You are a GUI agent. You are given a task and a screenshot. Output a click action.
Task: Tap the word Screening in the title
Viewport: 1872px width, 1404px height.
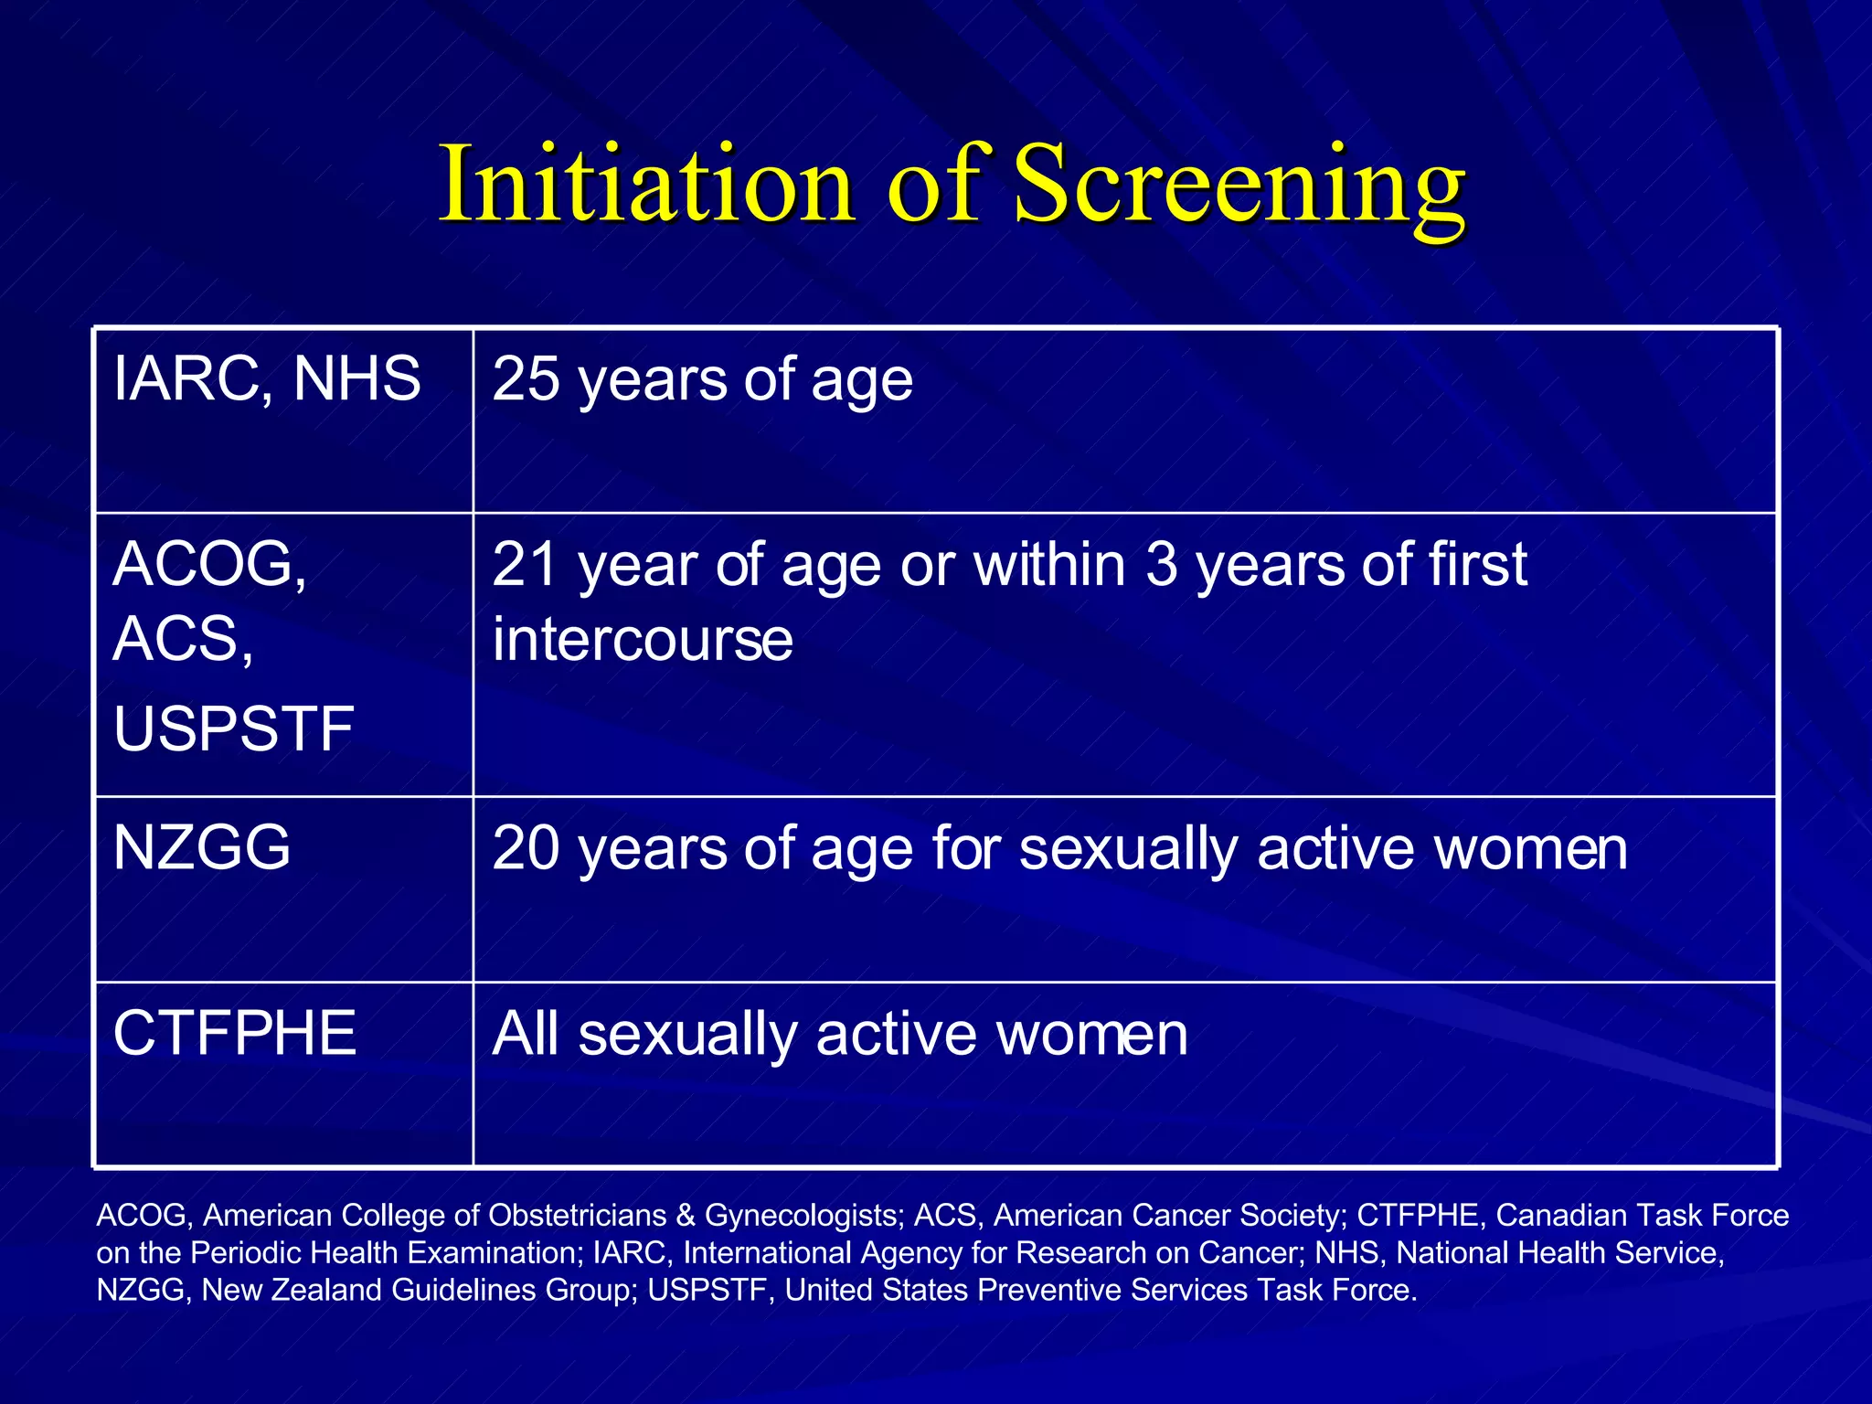point(1239,186)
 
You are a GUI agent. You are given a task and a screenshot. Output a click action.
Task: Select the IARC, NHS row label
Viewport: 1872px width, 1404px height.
point(267,379)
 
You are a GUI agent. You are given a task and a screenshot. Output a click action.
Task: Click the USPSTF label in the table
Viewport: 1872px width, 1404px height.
point(233,729)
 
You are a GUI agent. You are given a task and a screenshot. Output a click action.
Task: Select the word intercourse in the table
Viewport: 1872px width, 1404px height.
point(643,640)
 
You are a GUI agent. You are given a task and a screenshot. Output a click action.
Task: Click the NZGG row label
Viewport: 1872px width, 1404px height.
point(202,847)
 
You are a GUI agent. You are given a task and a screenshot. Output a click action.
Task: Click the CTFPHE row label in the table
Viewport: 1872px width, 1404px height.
point(234,1034)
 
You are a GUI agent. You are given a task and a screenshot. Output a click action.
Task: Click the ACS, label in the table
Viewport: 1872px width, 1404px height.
point(183,640)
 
